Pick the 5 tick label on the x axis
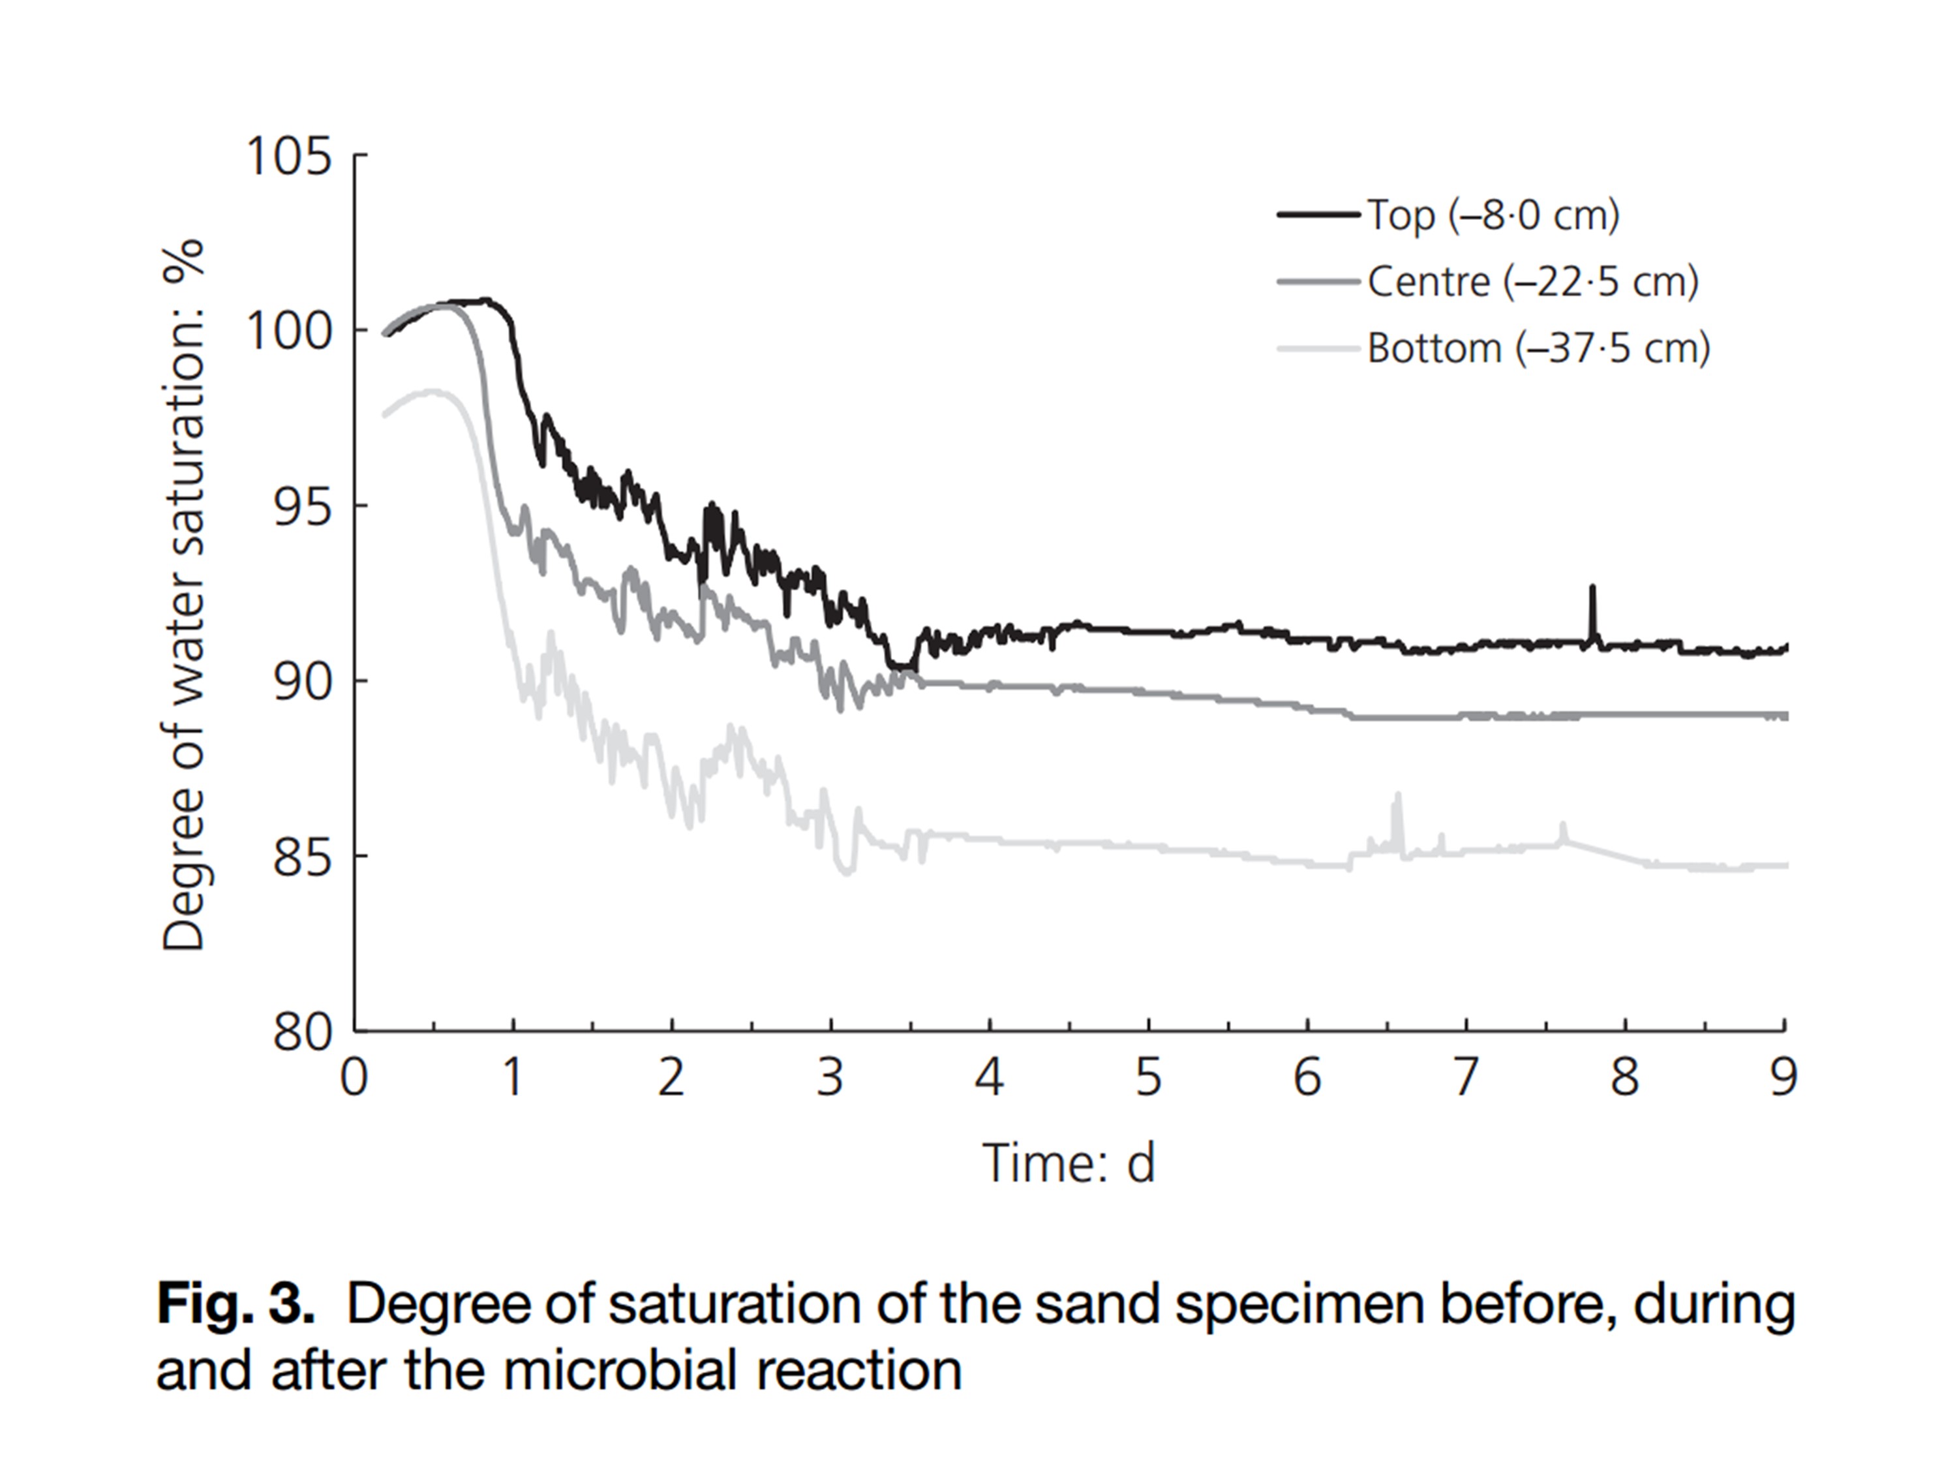click(x=1147, y=1078)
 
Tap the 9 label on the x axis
click(x=1783, y=1078)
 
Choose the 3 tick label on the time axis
click(x=830, y=1078)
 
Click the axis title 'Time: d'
click(x=1069, y=1163)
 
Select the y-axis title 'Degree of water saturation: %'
click(x=185, y=594)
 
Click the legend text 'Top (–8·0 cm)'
click(x=1493, y=215)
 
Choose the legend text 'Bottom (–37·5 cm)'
click(x=1538, y=348)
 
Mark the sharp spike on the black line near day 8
click(x=1592, y=589)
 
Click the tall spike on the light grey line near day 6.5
click(x=1398, y=797)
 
